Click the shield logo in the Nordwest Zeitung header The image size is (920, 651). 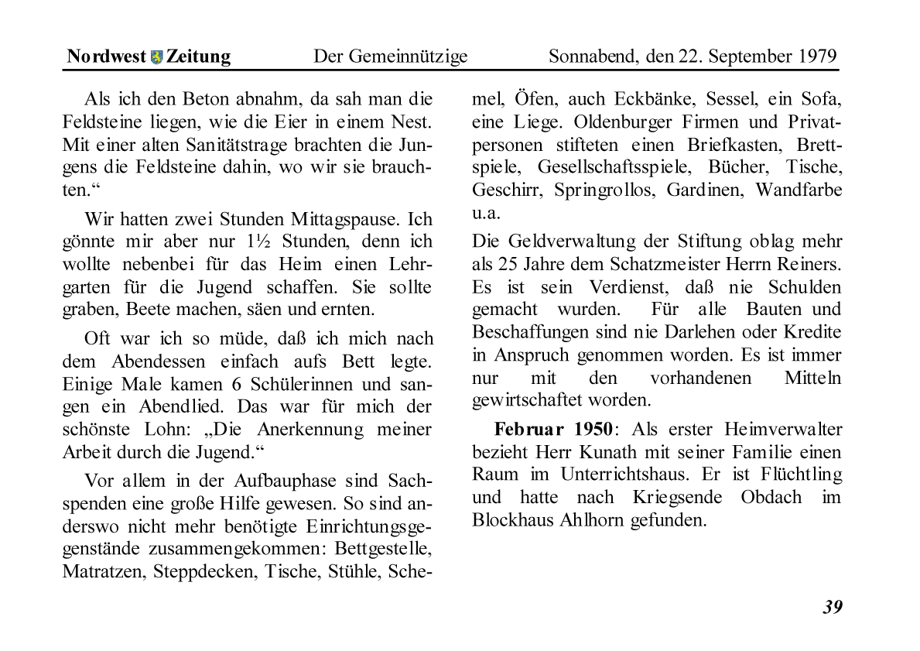pyautogui.click(x=156, y=57)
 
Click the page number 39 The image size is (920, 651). pyautogui.click(x=832, y=607)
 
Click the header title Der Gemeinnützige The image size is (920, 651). pyautogui.click(x=390, y=57)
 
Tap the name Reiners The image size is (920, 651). pyautogui.click(x=812, y=264)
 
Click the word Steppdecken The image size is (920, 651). pyautogui.click(x=207, y=572)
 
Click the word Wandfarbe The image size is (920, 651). pyautogui.click(x=799, y=190)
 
